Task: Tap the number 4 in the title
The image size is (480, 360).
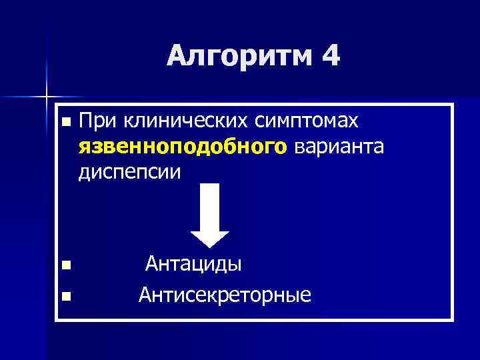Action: (329, 56)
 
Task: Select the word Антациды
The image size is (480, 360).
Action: (194, 264)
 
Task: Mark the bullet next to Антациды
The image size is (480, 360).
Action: (64, 266)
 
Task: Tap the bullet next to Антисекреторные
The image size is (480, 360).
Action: (64, 295)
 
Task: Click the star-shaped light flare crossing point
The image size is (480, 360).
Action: (47, 97)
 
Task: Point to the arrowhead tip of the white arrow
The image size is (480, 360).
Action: (210, 247)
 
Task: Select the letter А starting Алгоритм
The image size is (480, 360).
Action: (177, 57)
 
